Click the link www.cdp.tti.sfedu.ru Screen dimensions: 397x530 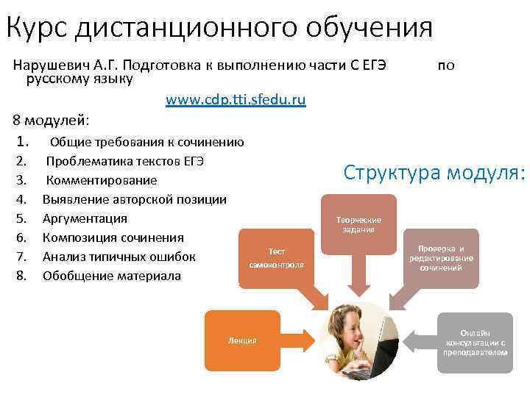236,99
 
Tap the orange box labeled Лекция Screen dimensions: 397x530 242,340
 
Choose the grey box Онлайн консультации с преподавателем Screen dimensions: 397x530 475,342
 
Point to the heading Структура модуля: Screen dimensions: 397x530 434,173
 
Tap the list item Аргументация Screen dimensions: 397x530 85,218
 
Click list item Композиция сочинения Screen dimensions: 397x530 113,237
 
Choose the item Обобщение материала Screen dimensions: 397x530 111,276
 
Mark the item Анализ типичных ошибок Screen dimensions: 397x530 119,257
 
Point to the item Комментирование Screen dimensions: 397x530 101,180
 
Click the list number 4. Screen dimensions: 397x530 21,199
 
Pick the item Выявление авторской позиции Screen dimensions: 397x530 134,199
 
